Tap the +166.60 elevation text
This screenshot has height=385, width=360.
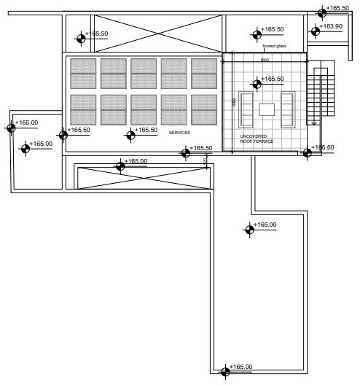coord(324,147)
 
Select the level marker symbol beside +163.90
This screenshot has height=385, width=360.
coord(316,31)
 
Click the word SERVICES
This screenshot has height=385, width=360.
coord(179,133)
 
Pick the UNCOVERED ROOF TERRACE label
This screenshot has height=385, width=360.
coord(257,139)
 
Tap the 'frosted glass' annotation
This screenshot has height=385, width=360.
coord(275,46)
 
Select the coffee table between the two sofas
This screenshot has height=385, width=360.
coord(267,109)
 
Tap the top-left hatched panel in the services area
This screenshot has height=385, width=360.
coord(83,73)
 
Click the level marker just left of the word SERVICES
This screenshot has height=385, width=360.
coord(130,133)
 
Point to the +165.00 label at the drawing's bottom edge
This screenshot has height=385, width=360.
coord(241,366)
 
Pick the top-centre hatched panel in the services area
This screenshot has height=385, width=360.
coord(144,73)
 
